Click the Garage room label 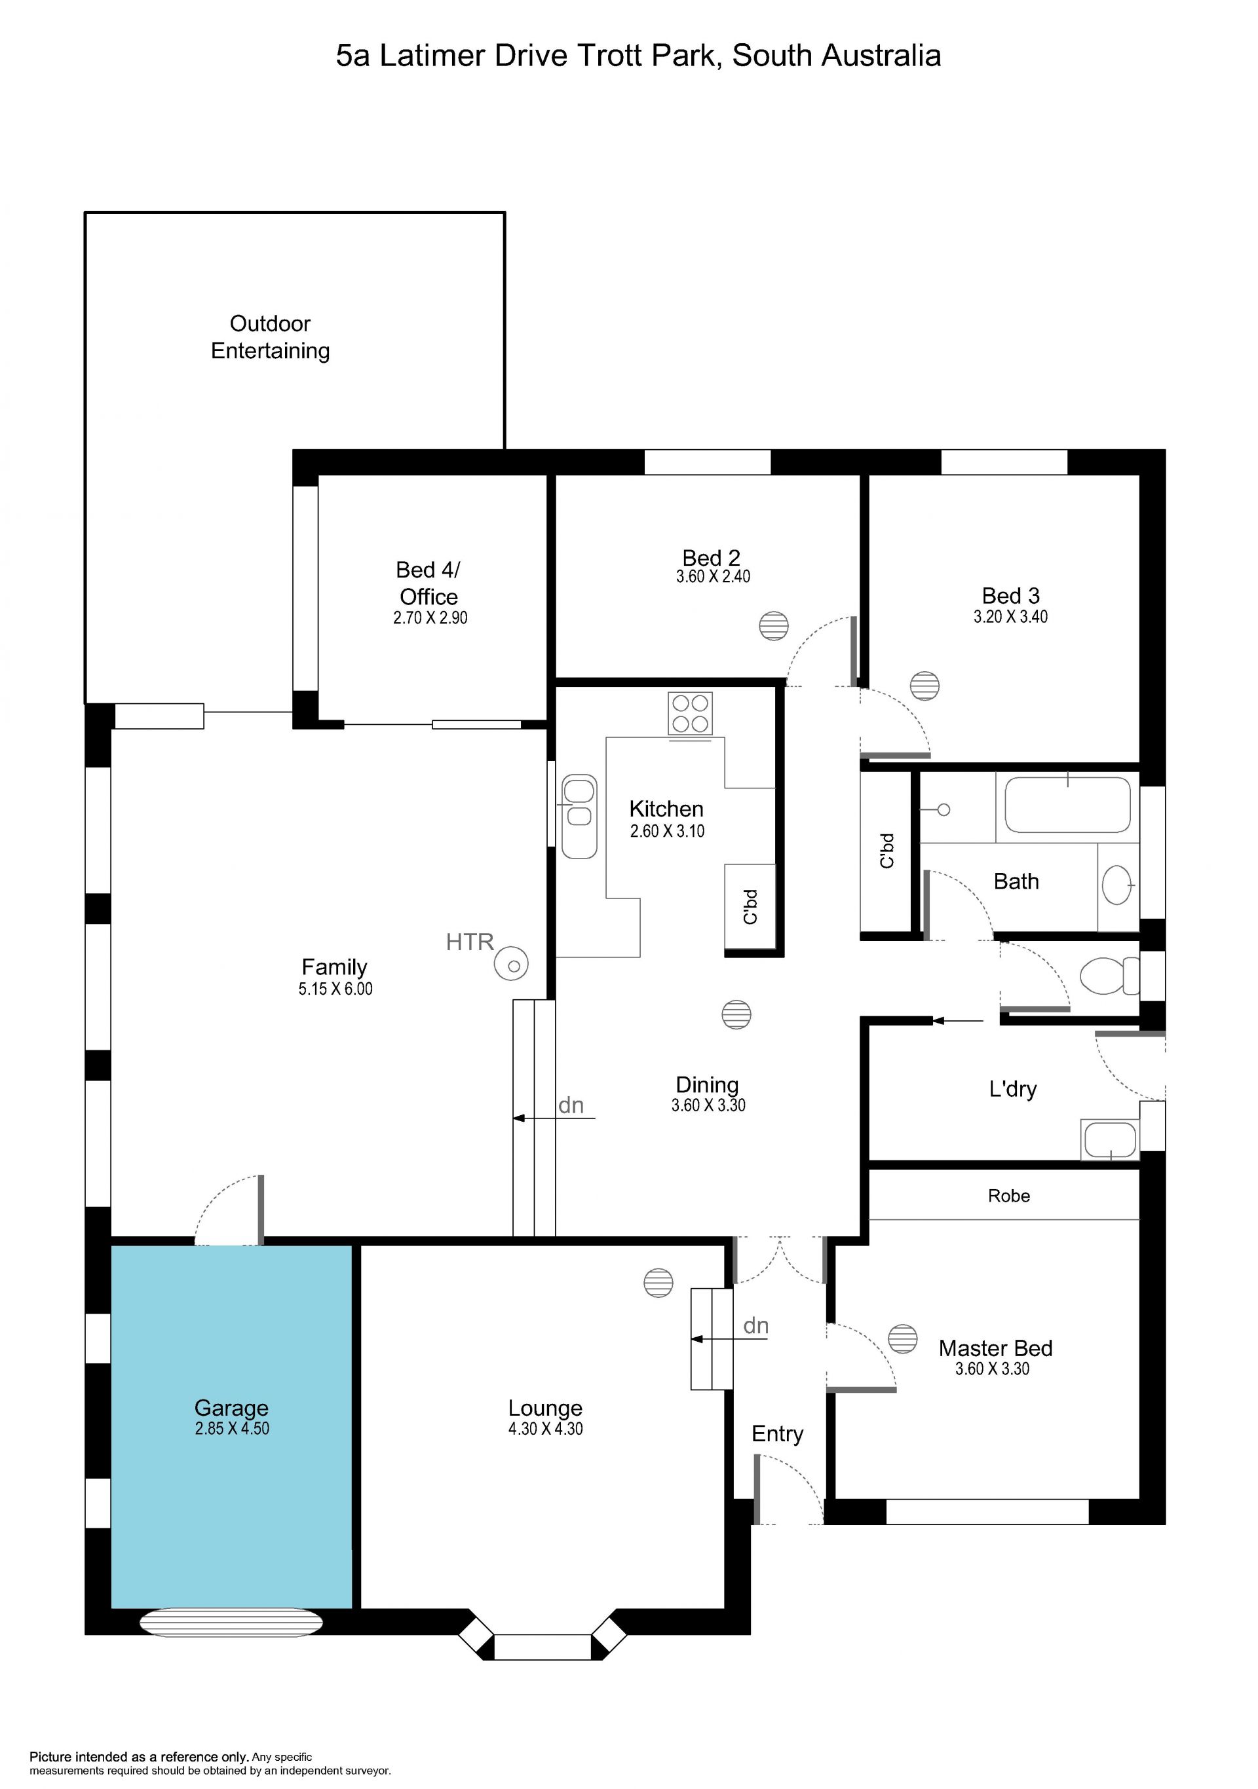pos(231,1407)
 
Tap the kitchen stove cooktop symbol pos(690,713)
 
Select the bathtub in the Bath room pos(1067,805)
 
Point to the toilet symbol pos(1109,976)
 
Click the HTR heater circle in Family pos(511,964)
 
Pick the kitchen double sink pos(579,816)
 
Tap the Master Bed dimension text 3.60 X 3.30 pos(992,1368)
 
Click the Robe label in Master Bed pos(1008,1195)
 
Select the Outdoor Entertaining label pos(271,337)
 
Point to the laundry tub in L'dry pos(1110,1139)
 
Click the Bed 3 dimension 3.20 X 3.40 pos(1010,616)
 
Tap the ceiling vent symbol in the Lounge pos(658,1283)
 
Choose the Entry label pos(777,1433)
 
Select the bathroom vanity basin pos(1118,885)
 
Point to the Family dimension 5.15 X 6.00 pos(335,989)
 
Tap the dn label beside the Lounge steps pos(755,1325)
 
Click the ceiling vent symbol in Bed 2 pos(773,625)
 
